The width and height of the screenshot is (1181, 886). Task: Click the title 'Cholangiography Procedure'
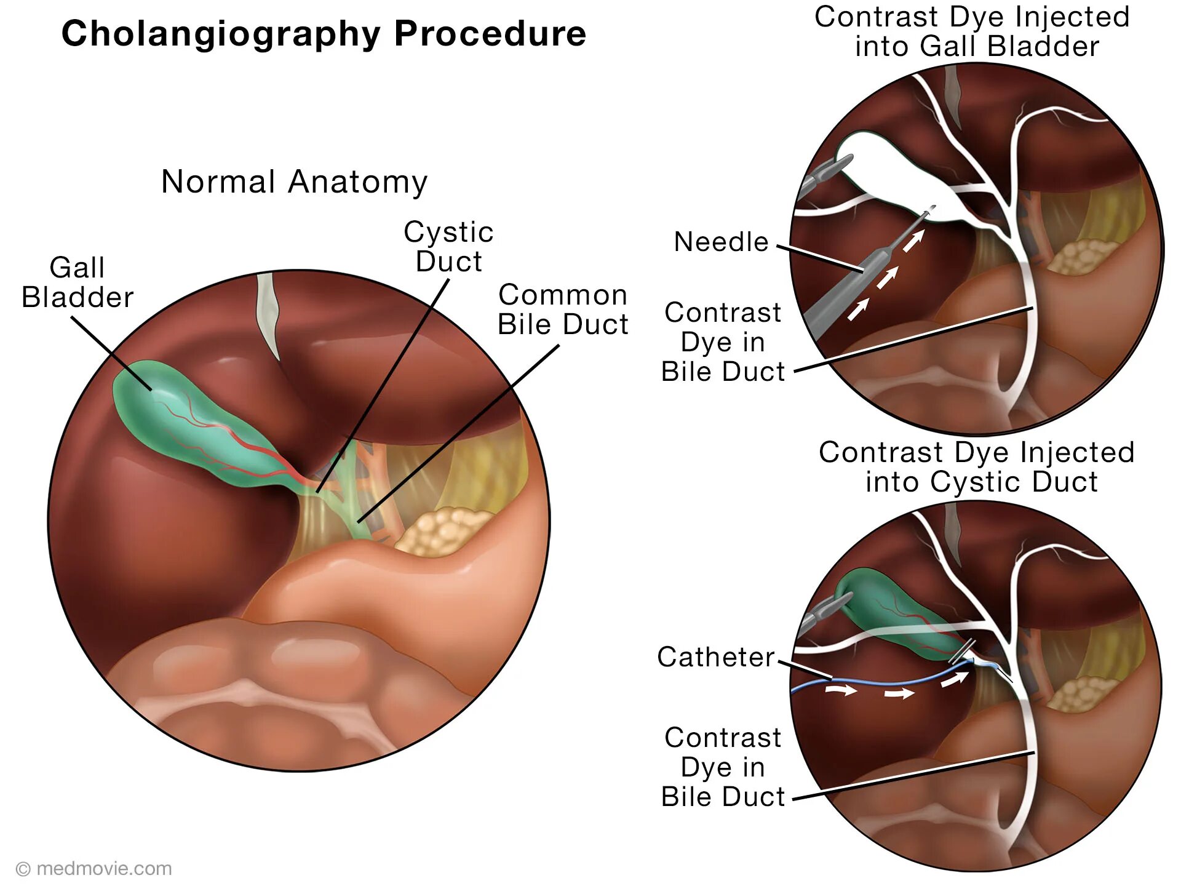point(324,34)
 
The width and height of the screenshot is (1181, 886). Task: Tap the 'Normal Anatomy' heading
point(294,182)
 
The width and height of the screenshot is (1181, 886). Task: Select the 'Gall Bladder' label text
point(78,282)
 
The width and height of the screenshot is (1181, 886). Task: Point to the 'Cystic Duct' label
point(448,247)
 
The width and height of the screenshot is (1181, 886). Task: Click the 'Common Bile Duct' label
point(563,309)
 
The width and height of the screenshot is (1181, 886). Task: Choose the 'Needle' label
point(721,242)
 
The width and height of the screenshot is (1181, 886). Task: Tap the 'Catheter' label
point(715,657)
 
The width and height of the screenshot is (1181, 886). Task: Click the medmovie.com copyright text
point(94,869)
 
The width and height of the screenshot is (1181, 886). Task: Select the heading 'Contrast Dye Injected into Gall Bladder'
point(972,31)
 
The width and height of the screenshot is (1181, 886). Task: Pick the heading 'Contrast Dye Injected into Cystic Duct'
point(977,467)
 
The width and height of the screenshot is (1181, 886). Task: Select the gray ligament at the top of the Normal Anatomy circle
point(268,314)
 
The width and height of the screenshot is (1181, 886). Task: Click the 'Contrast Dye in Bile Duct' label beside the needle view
point(723,342)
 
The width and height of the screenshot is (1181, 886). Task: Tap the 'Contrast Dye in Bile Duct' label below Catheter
point(723,767)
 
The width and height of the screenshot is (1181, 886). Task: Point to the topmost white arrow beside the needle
point(913,240)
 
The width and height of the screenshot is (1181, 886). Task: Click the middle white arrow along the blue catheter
point(899,694)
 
